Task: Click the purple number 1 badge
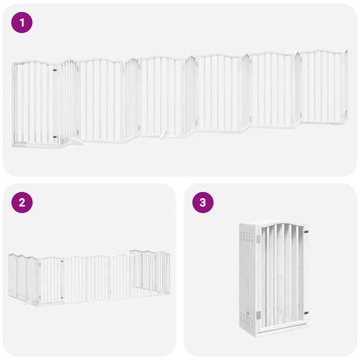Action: [x=22, y=23]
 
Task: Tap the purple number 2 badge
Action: [x=22, y=203]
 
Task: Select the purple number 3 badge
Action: [x=203, y=203]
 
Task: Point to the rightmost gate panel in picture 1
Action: [x=323, y=86]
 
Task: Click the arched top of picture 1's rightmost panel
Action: [x=323, y=54]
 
